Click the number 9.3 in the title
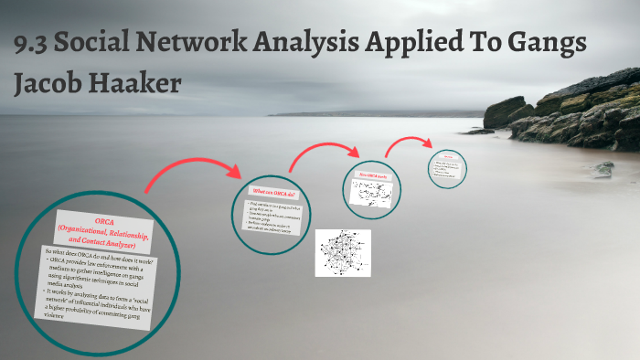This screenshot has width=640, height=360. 35,46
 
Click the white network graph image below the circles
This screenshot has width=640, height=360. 343,252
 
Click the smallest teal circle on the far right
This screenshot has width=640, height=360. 448,168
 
